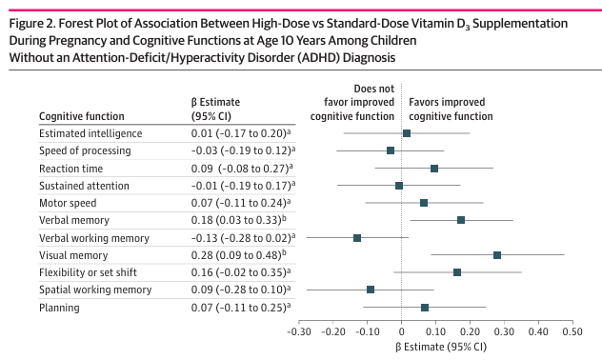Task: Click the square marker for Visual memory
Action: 497,255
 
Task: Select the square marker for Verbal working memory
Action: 357,238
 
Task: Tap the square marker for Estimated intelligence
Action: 407,133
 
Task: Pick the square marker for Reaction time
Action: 434,169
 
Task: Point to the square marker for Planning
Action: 425,308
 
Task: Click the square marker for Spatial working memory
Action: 371,290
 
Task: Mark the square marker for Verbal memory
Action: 461,220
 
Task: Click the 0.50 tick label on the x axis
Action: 572,331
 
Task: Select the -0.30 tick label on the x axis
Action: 299,331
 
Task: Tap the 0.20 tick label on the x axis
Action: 470,331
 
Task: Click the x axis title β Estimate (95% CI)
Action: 441,347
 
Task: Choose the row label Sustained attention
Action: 84,186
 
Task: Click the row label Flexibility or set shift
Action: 88,272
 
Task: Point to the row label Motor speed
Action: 68,203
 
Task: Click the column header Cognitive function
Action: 82,116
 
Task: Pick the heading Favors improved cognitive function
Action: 451,109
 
